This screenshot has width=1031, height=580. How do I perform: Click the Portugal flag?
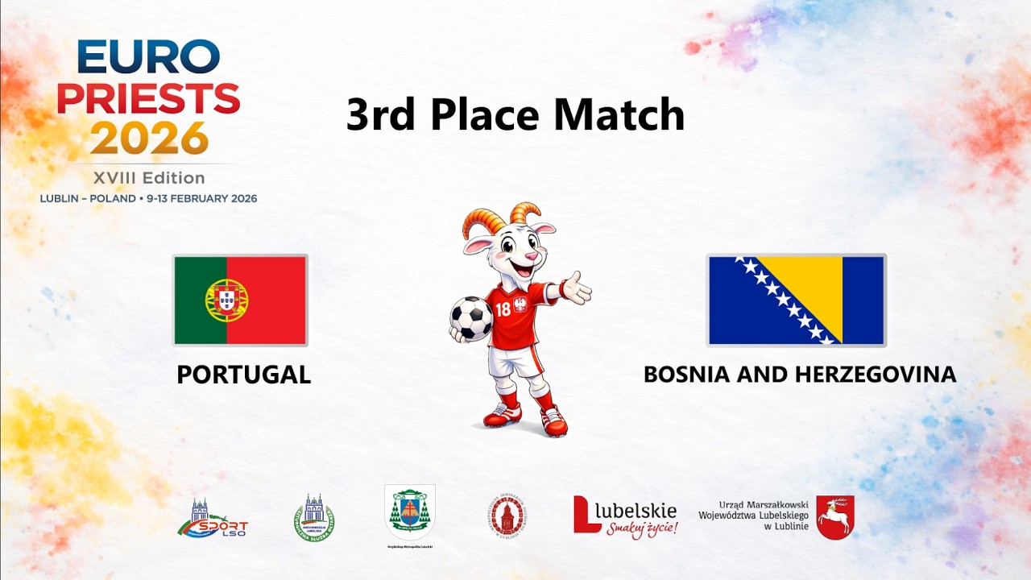click(240, 300)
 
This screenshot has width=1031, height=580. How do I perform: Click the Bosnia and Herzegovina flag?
click(797, 300)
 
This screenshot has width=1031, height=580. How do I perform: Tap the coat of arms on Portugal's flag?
click(226, 300)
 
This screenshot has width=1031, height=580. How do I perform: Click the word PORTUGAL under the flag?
click(243, 375)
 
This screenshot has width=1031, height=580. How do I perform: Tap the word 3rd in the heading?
click(383, 114)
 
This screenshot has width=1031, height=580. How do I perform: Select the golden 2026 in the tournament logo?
click(149, 138)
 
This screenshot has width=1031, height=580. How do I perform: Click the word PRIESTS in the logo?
click(148, 98)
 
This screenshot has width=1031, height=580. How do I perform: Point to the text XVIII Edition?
click(149, 178)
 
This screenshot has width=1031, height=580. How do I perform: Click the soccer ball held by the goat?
click(471, 318)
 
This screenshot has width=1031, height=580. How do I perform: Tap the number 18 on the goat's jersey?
click(503, 309)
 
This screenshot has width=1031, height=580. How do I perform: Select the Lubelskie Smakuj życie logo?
click(625, 516)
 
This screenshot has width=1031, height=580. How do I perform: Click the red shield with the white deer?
click(834, 517)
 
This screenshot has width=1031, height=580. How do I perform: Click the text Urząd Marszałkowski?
click(763, 505)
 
